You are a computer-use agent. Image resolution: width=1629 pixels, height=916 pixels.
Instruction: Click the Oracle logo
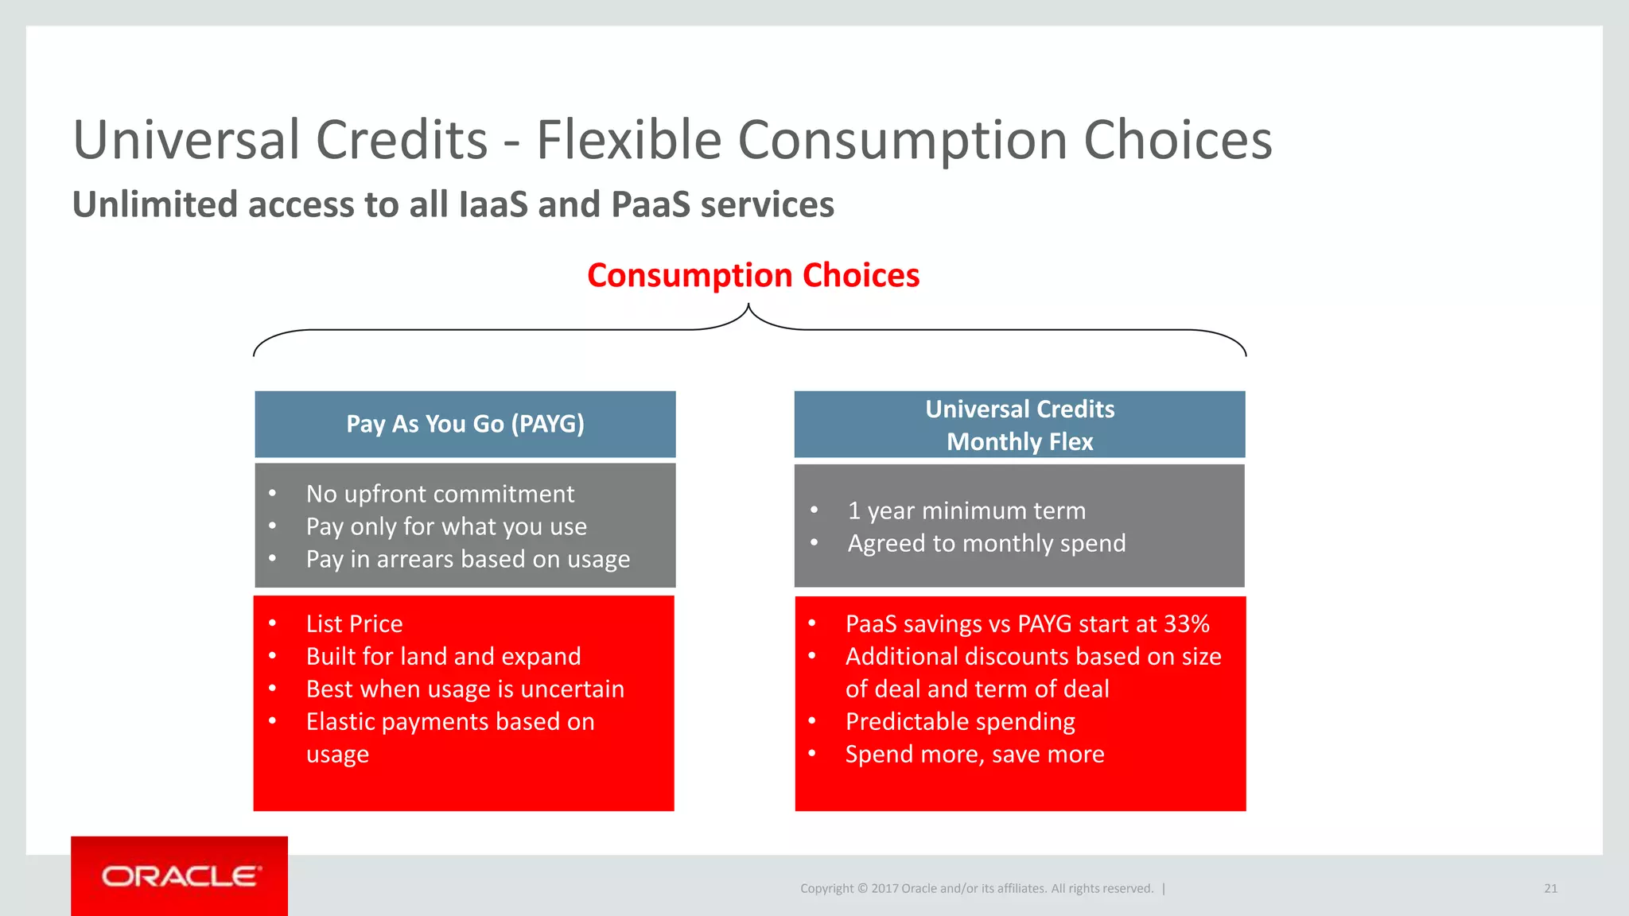pos(181,876)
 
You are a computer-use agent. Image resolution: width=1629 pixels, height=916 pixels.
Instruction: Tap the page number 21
pos(1550,888)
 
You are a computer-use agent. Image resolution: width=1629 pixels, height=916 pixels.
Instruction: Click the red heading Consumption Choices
pos(752,275)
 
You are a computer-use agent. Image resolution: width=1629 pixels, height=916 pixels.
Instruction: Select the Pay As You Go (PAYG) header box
pos(465,424)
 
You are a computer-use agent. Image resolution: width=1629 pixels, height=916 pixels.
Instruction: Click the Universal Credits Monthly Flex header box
pos(1020,425)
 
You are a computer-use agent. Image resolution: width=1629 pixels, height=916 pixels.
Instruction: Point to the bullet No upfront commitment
pos(440,494)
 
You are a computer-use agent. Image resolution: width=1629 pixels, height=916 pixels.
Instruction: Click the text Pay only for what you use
pos(446,526)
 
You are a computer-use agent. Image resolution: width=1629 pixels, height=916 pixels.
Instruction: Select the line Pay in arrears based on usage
pos(468,559)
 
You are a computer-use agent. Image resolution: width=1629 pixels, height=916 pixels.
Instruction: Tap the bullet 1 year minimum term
pos(966,510)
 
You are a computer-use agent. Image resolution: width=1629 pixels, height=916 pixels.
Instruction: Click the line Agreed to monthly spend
pos(986,543)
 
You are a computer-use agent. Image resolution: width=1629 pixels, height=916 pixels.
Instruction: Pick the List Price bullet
pos(354,623)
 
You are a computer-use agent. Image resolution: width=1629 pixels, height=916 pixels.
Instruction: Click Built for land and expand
pos(443,656)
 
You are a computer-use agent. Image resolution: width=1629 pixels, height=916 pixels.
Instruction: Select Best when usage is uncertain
pos(465,689)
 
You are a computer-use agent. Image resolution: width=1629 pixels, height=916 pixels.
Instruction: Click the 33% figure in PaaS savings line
pos(1186,623)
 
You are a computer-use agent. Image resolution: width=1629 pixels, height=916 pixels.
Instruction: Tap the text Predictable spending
pos(960,721)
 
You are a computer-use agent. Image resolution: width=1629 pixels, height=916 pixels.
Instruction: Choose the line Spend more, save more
pos(974,754)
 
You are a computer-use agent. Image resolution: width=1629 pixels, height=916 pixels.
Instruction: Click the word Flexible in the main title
pos(629,140)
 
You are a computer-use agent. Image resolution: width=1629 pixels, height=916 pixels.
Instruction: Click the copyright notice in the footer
pos(976,888)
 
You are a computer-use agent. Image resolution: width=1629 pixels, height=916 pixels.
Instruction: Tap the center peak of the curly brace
pos(748,306)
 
